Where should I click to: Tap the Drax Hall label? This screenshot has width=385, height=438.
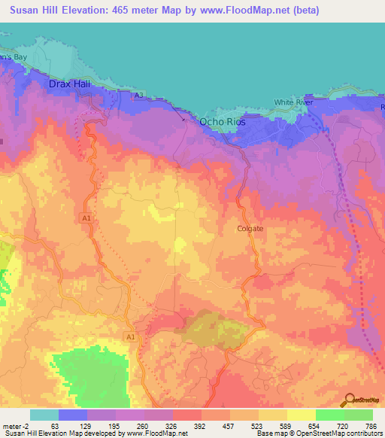pyautogui.click(x=69, y=84)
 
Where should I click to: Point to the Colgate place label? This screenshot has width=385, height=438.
pyautogui.click(x=250, y=229)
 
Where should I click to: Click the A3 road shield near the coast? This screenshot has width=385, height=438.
pyautogui.click(x=138, y=95)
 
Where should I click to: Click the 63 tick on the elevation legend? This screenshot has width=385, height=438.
pyautogui.click(x=54, y=425)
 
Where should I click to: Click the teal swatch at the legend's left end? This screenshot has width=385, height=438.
pyautogui.click(x=44, y=415)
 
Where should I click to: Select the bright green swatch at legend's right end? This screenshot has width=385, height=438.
pyautogui.click(x=359, y=415)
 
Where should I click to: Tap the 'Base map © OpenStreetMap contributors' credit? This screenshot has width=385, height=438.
pyautogui.click(x=319, y=433)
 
